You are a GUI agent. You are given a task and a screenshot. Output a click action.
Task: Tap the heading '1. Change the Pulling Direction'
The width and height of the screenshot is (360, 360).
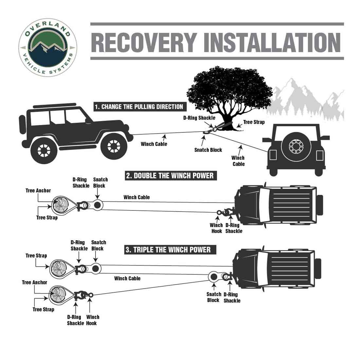[x=138, y=107]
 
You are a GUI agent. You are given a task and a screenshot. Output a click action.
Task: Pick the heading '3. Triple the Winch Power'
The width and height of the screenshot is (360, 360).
[x=168, y=250]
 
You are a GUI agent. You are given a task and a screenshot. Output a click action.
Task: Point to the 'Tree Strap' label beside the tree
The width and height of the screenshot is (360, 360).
[x=254, y=122]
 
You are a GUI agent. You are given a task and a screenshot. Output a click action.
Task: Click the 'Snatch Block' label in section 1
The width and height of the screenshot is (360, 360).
[x=208, y=150]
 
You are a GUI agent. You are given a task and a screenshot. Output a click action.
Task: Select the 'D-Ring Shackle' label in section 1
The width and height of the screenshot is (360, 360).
[x=199, y=118]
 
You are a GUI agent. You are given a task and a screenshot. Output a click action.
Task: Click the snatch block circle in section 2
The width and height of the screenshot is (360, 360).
[x=97, y=205]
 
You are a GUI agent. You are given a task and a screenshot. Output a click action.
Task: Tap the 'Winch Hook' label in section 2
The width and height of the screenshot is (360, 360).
[x=216, y=228]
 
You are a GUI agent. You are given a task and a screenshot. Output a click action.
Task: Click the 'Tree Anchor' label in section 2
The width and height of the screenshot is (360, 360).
[x=38, y=190]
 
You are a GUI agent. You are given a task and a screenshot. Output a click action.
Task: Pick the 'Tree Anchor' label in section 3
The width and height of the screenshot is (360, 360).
[x=35, y=282]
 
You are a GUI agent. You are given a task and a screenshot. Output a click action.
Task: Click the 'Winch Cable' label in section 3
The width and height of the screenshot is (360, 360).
[x=127, y=279]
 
